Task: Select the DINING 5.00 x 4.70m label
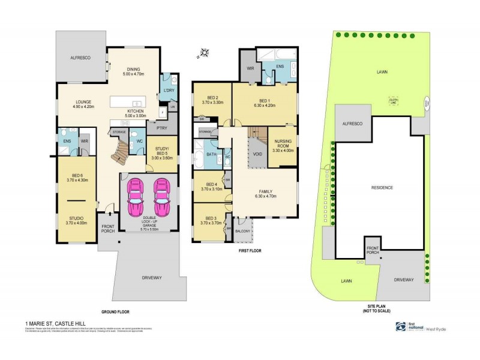click(134, 71)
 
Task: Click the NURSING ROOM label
click(283, 144)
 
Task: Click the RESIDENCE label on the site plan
click(381, 188)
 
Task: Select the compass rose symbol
click(204, 55)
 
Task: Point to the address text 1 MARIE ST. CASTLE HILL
click(52, 324)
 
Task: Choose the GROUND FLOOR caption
click(115, 311)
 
